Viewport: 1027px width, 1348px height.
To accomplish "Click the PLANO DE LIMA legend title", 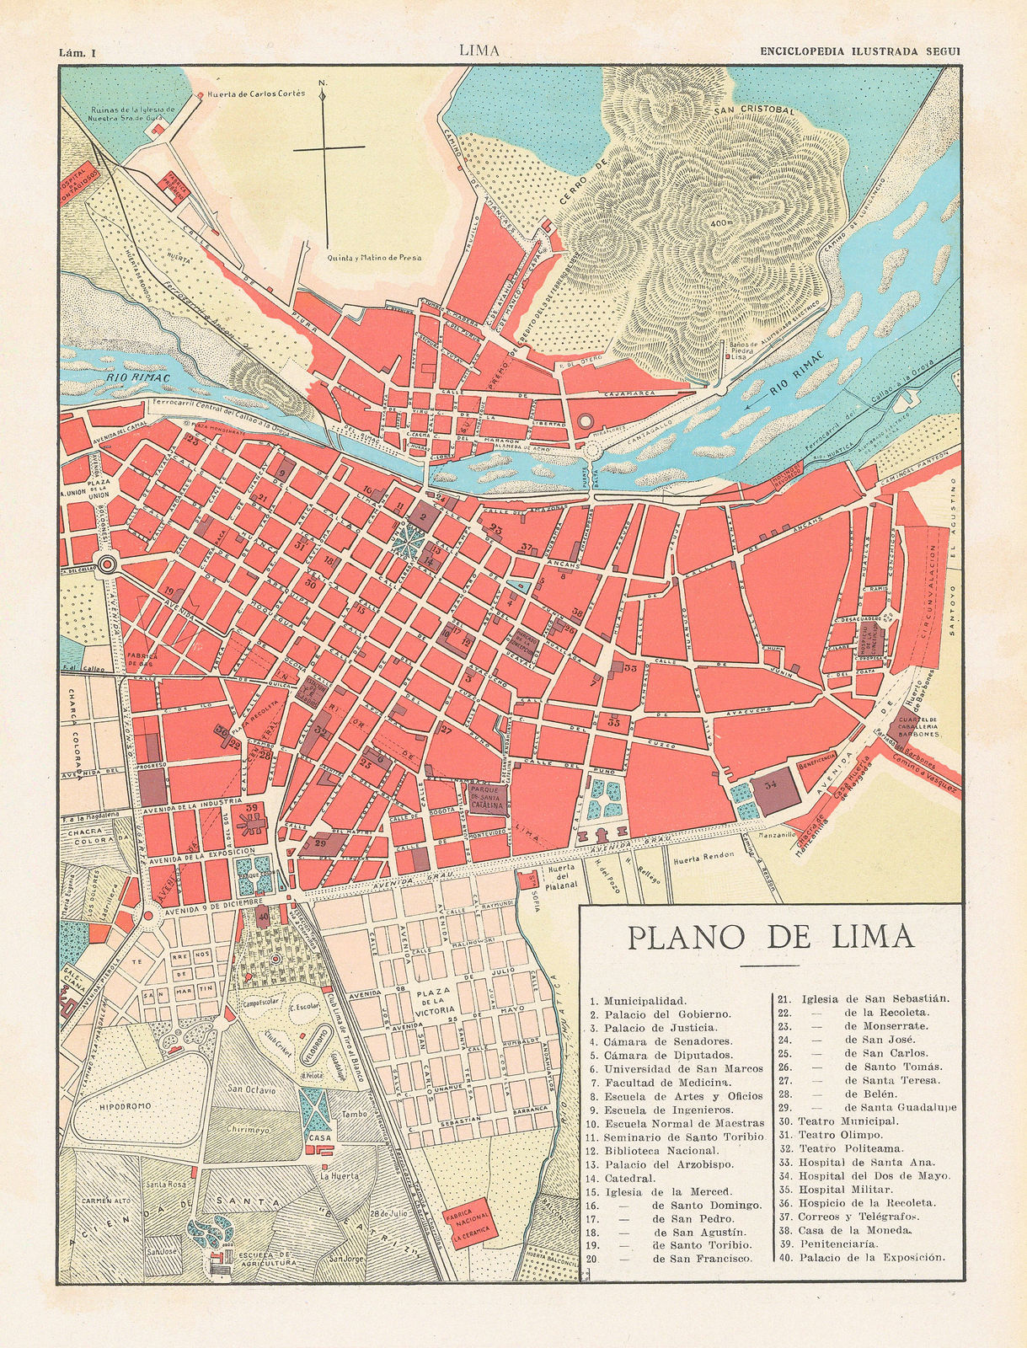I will [x=770, y=937].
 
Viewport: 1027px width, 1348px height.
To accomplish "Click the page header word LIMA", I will [x=479, y=51].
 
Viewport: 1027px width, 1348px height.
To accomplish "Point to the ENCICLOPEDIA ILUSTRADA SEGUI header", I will [x=860, y=51].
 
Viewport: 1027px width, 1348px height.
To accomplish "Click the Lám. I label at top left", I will [x=78, y=51].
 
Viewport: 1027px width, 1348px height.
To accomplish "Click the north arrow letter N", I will [x=323, y=83].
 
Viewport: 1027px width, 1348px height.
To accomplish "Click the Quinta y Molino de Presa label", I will [x=374, y=259].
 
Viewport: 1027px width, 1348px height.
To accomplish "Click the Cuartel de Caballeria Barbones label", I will [x=924, y=725].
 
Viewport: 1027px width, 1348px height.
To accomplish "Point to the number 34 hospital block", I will [x=769, y=785].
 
